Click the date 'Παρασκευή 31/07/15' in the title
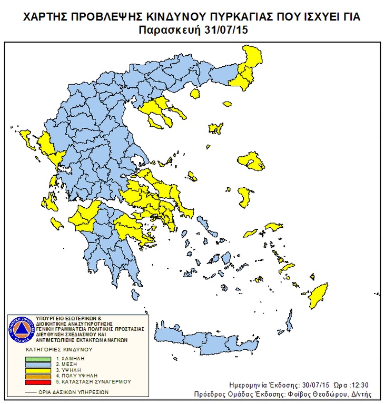point(193,30)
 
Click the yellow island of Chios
point(244,197)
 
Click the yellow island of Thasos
point(195,94)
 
